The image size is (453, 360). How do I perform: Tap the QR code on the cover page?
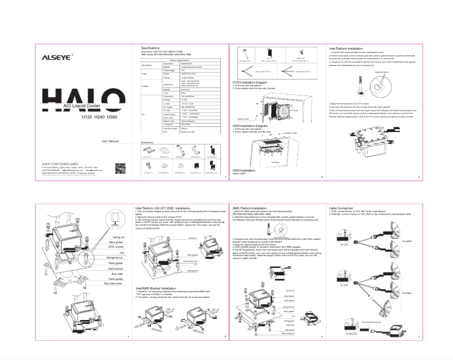click(x=120, y=168)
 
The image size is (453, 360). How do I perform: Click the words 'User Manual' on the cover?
click(x=110, y=141)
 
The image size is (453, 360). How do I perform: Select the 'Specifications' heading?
click(x=151, y=49)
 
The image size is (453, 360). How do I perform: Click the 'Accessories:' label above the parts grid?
click(x=147, y=143)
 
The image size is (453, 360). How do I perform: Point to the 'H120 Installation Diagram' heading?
click(x=252, y=82)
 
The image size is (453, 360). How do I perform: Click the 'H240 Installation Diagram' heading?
click(x=252, y=126)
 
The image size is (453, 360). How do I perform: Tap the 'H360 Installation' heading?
click(x=244, y=169)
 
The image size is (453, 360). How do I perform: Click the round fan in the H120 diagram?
click(x=278, y=107)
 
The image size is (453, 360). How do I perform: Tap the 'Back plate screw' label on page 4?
click(x=114, y=284)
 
